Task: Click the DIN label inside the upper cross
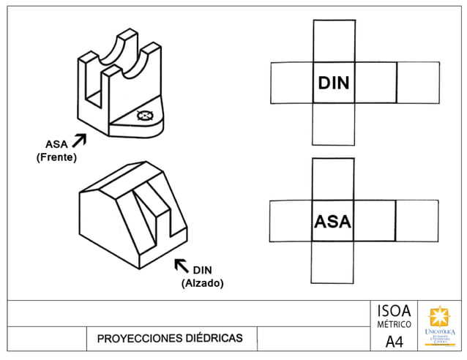tap(333, 83)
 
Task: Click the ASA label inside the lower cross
tap(333, 221)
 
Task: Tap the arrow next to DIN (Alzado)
tap(179, 263)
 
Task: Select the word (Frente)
tap(56, 157)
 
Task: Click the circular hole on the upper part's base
tap(145, 115)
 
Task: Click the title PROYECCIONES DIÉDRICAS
tap(169, 339)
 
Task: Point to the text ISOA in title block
tap(394, 310)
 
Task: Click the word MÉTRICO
tap(394, 324)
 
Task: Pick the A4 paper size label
tap(394, 342)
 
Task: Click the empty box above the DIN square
tap(333, 41)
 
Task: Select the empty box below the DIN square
tap(333, 124)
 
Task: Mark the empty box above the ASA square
tap(333, 179)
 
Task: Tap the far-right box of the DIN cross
tap(417, 83)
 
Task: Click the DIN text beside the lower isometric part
tap(202, 270)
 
